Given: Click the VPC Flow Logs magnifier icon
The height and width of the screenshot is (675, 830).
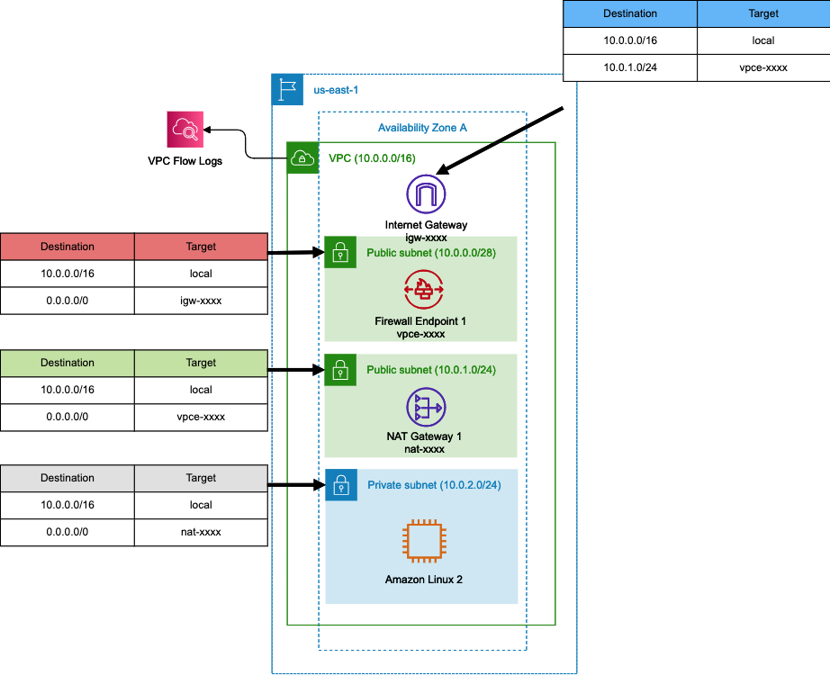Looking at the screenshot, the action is (185, 130).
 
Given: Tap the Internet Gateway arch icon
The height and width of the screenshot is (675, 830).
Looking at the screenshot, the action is (426, 194).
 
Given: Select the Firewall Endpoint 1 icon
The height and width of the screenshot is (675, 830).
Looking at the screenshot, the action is (424, 289).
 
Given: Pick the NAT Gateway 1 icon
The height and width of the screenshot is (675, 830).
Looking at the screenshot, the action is (426, 407).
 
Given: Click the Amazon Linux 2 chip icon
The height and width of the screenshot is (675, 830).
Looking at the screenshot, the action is (424, 541).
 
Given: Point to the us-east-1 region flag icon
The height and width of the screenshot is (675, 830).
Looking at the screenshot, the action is (287, 89).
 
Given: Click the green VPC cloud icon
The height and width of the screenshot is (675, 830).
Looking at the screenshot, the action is (302, 157).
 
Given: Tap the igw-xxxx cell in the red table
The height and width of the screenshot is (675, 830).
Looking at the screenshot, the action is (201, 301).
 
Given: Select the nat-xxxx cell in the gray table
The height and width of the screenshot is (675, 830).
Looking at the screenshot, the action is (201, 532).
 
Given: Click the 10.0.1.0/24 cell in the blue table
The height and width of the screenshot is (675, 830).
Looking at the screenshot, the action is (630, 67).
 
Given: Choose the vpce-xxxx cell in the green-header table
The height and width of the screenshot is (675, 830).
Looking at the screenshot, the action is (201, 418).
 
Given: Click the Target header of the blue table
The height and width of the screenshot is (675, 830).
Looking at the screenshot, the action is (763, 13).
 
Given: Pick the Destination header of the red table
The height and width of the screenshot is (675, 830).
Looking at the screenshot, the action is (68, 247).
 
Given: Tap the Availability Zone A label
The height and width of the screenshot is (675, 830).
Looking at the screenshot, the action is (422, 128).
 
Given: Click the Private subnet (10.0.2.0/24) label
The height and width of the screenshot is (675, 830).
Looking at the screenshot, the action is (434, 485).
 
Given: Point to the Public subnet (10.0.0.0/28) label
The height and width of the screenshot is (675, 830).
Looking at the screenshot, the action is (431, 253).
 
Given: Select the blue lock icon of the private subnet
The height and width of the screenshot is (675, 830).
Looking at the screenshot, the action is (341, 485).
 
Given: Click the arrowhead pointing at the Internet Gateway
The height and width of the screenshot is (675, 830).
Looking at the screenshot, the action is (443, 169).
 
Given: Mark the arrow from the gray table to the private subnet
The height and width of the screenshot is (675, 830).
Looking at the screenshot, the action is (296, 484).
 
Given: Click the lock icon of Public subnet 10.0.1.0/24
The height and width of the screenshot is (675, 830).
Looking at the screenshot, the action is (340, 370).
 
